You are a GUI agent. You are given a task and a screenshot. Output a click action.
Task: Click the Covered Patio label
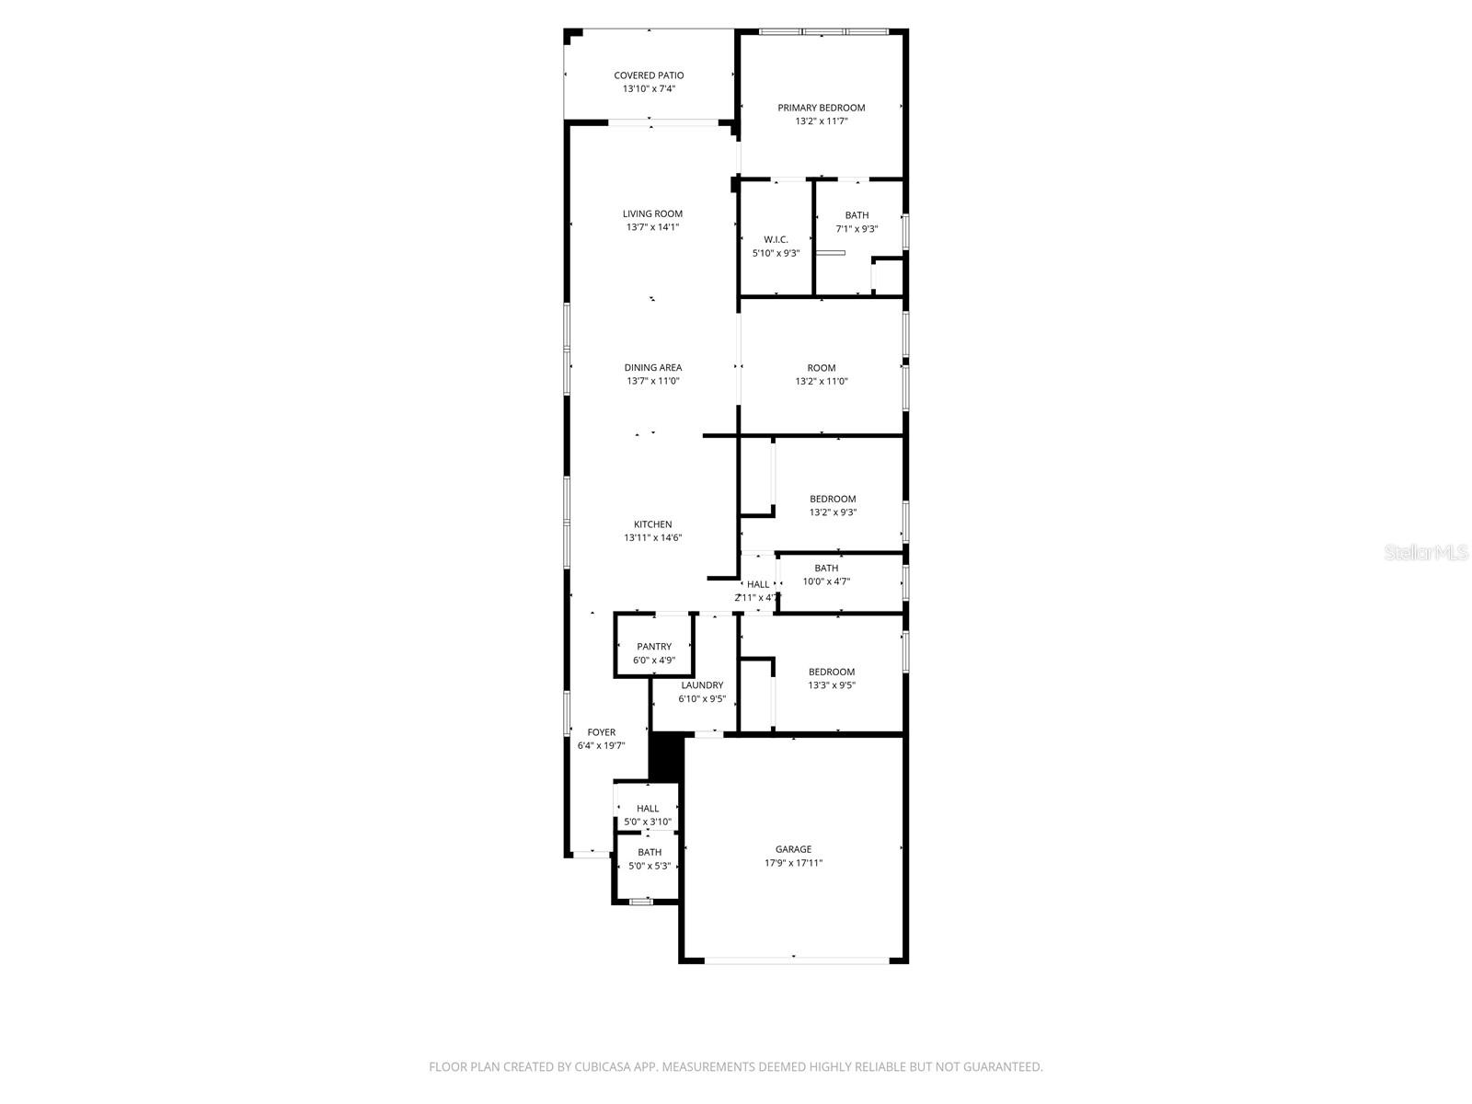(x=649, y=75)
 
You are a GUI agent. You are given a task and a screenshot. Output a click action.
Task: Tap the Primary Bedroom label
(x=821, y=108)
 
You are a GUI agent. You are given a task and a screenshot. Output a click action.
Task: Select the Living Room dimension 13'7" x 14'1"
(x=652, y=227)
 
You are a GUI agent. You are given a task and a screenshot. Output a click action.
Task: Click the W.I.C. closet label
(x=776, y=239)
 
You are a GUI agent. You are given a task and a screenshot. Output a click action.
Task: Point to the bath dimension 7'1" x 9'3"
(x=857, y=229)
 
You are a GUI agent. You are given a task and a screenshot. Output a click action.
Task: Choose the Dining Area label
(x=652, y=368)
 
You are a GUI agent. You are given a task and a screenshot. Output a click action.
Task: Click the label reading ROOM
(x=821, y=368)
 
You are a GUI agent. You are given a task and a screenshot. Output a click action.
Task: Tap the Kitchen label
(x=652, y=524)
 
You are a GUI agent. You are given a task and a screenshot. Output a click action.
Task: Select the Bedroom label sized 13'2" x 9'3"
(x=833, y=500)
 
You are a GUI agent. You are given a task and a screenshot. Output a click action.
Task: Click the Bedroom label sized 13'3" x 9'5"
(x=831, y=673)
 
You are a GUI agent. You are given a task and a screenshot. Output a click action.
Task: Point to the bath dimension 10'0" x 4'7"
(x=826, y=581)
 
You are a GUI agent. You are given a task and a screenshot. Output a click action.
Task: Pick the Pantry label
(x=653, y=647)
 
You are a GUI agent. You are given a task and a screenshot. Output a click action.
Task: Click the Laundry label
(x=702, y=685)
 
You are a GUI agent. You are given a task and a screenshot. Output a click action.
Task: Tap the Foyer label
(x=601, y=732)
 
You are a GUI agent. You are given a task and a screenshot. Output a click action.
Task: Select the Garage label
(x=793, y=850)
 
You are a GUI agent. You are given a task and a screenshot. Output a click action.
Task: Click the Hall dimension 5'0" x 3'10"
(x=648, y=822)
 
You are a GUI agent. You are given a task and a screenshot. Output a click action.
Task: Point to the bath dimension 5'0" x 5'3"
(x=649, y=866)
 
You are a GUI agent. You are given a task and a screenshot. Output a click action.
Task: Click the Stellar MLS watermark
(x=1426, y=553)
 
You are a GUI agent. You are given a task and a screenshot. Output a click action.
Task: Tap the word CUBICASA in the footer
(x=595, y=1067)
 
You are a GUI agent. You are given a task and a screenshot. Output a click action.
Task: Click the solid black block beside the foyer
(x=664, y=757)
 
